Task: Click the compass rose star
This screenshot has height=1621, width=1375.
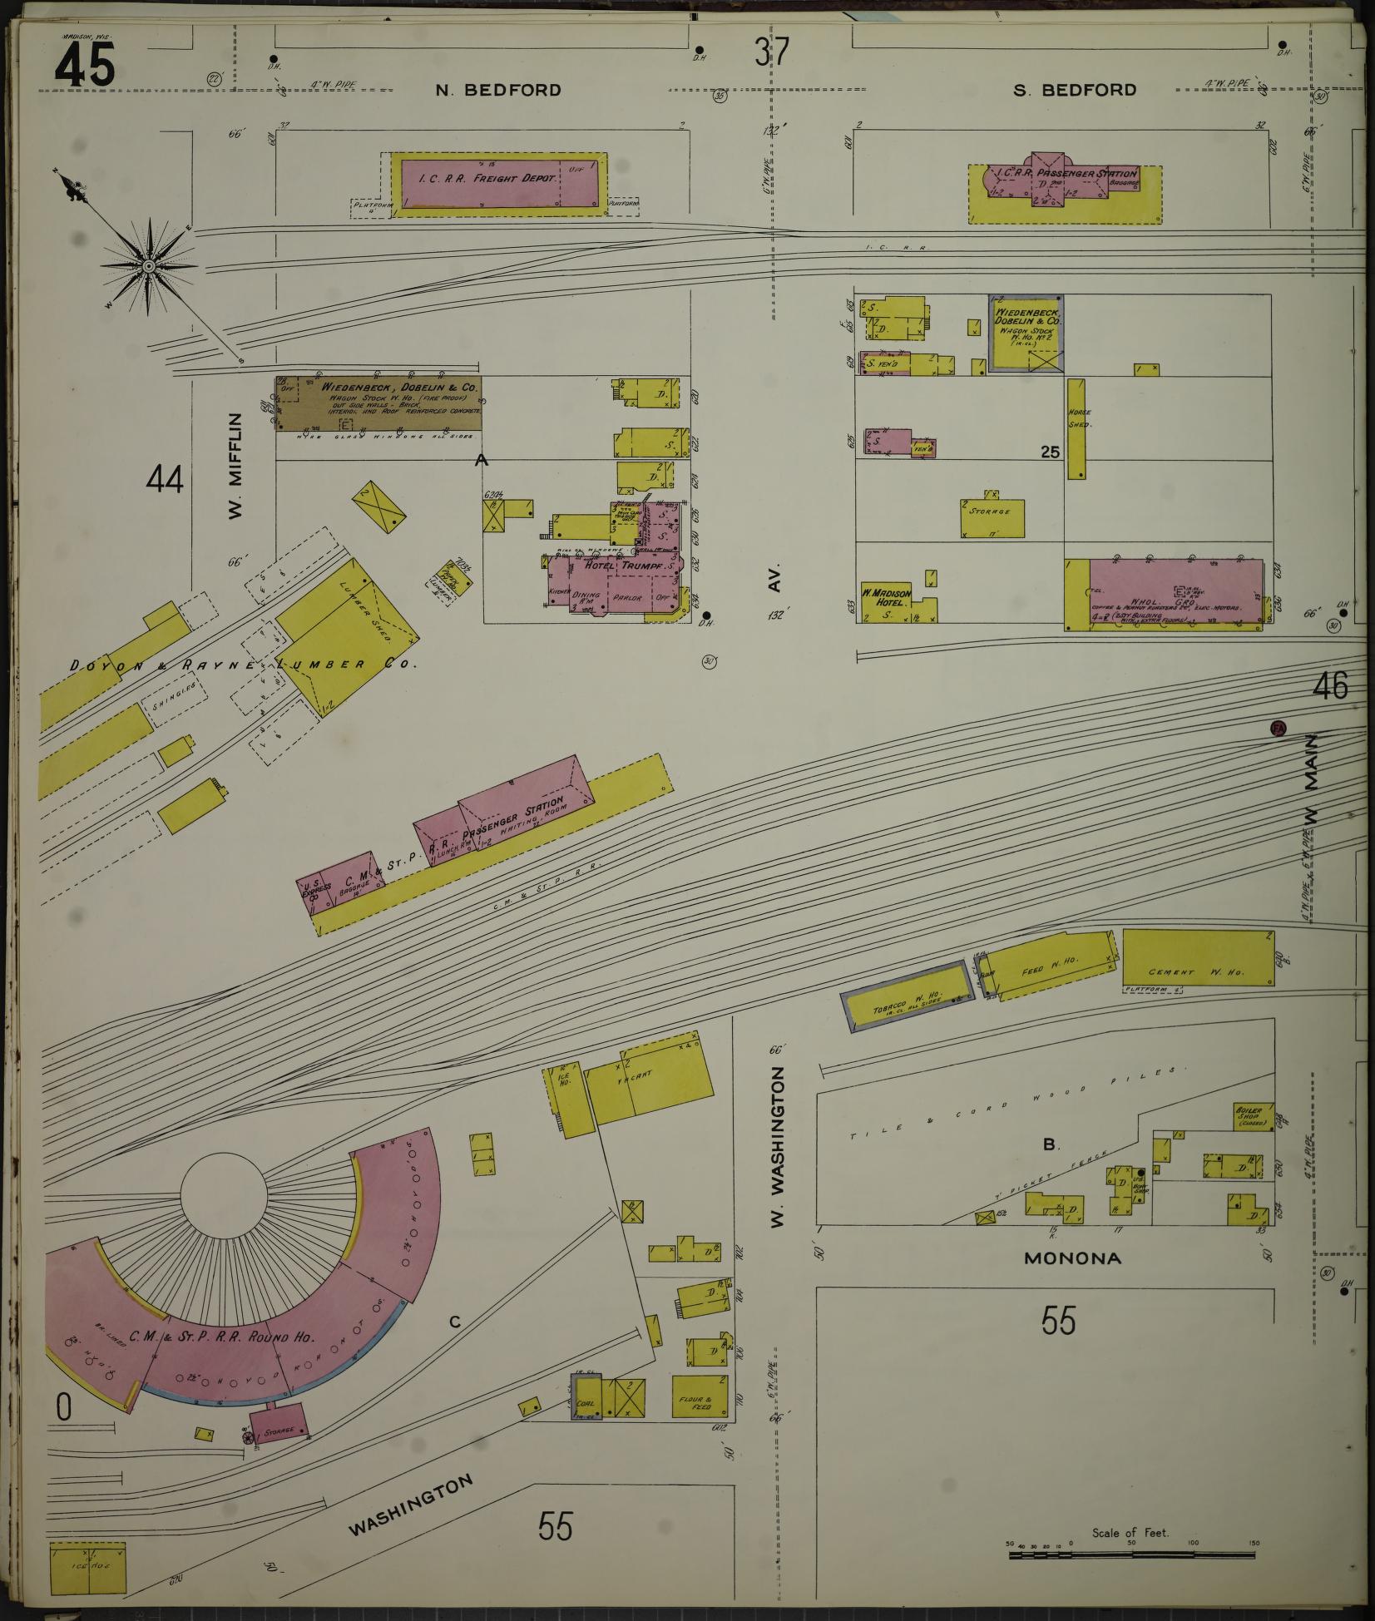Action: (149, 266)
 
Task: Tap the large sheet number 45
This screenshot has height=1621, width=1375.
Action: (85, 67)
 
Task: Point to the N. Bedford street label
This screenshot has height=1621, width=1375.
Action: (498, 90)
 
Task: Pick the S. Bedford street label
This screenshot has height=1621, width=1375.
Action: (1075, 90)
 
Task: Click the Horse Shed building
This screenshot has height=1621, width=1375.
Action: (1076, 428)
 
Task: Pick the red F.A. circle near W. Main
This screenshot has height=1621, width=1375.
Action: (1279, 729)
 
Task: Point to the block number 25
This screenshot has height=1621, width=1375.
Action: (1050, 452)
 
